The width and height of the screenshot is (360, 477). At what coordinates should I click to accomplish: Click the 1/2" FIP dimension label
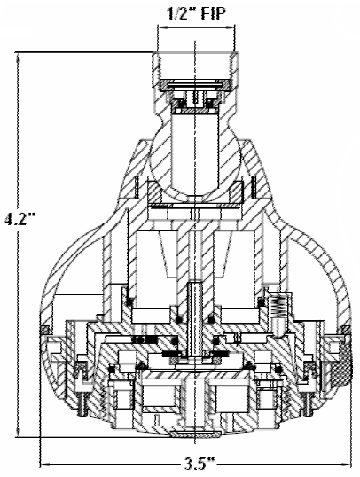(x=197, y=13)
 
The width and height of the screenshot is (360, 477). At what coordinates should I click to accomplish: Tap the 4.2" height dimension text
(x=20, y=219)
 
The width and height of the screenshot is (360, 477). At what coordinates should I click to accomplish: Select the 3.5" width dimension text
(x=200, y=465)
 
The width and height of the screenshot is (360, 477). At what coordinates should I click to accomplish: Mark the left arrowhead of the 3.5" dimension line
(x=44, y=465)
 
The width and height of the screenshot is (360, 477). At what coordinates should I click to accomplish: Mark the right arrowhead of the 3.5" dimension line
(x=347, y=465)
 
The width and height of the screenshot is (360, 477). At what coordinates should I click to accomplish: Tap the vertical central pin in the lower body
(x=194, y=319)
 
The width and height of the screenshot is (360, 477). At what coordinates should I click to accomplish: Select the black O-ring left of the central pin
(x=179, y=319)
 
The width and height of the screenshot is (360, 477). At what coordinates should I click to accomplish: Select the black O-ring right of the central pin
(x=211, y=319)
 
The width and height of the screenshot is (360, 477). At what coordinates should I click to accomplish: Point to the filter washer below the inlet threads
(x=195, y=84)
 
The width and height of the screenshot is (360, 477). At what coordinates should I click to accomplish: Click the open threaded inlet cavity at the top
(x=196, y=66)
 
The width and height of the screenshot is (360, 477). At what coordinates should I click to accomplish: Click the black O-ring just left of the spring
(x=261, y=302)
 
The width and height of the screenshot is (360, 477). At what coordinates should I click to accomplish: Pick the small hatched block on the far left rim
(x=45, y=329)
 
